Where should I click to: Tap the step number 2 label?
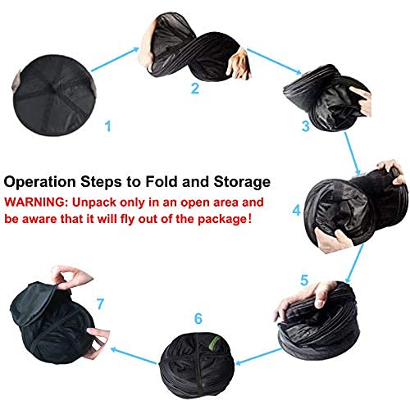pyautogui.click(x=194, y=89)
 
